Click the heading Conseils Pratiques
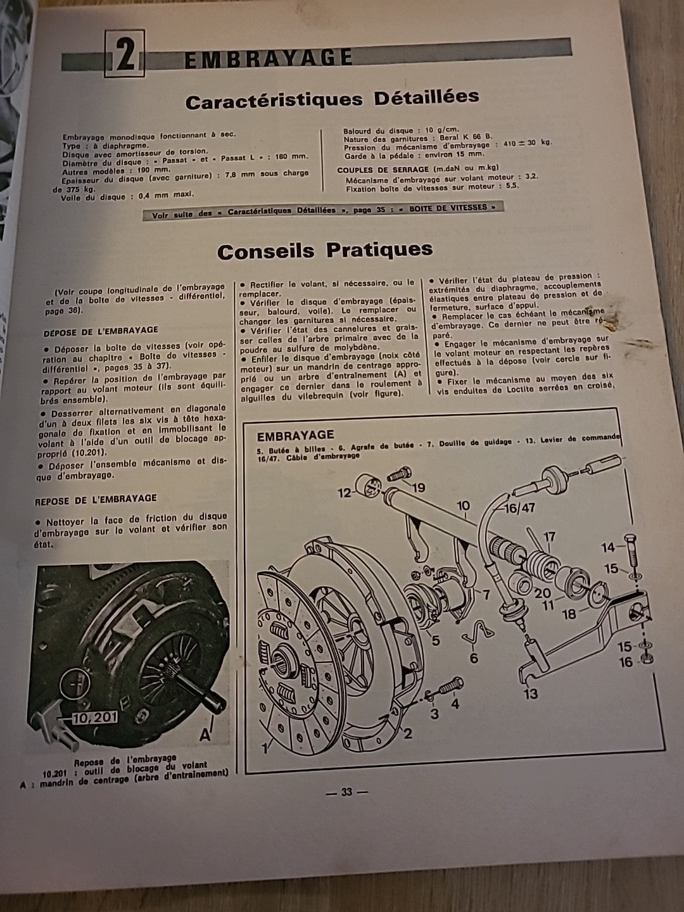point(325,251)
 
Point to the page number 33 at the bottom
point(346,792)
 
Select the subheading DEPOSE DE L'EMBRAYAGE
point(101,330)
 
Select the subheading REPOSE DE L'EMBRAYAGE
point(96,498)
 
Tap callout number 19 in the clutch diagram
point(418,487)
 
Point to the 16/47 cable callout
point(519,508)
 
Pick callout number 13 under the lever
point(531,693)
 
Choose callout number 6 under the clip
point(473,659)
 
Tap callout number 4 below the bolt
point(455,703)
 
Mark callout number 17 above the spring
point(549,537)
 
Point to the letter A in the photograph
point(205,734)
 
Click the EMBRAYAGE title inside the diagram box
point(295,435)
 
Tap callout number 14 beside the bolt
point(608,547)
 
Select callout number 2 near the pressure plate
point(408,733)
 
